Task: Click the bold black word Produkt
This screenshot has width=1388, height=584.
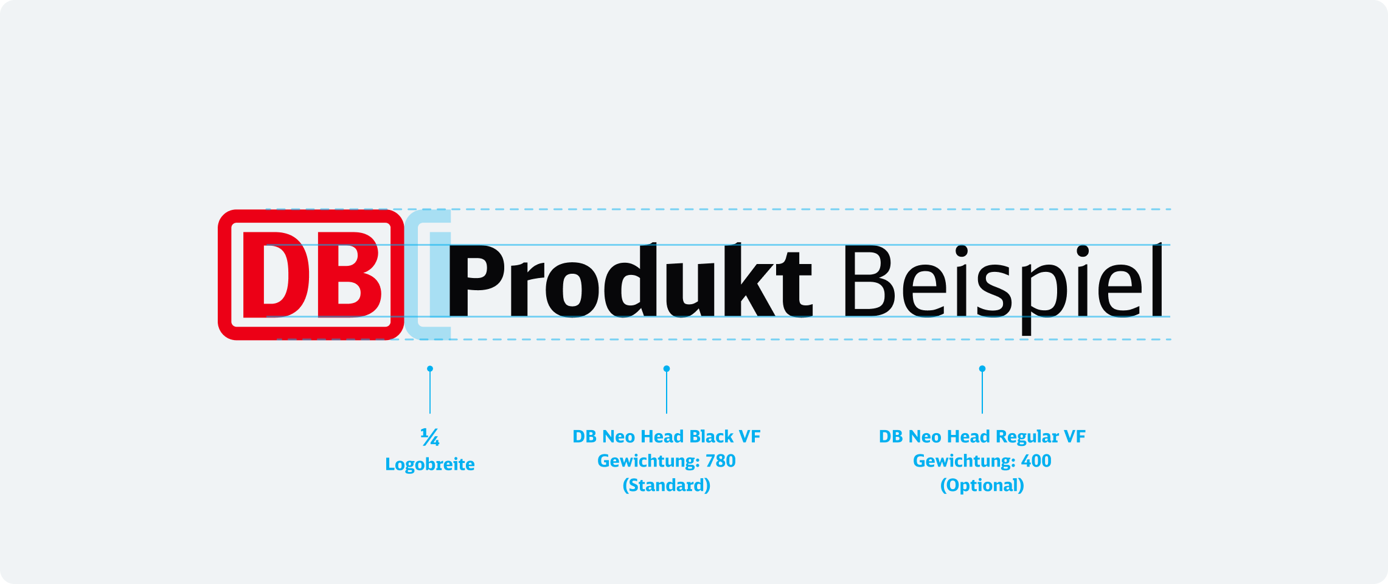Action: click(x=631, y=280)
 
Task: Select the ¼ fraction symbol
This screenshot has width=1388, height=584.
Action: click(x=430, y=437)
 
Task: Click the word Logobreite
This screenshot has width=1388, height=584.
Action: click(x=430, y=464)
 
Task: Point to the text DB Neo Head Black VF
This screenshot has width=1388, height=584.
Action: click(x=667, y=436)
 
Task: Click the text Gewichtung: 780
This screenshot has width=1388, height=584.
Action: click(x=667, y=461)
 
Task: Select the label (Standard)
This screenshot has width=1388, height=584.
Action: click(x=667, y=485)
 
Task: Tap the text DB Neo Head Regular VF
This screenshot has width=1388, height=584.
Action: click(x=982, y=437)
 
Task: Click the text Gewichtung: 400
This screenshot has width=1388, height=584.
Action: click(x=982, y=461)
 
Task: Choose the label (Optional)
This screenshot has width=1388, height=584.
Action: click(x=982, y=485)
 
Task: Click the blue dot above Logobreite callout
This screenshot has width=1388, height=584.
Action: click(x=430, y=369)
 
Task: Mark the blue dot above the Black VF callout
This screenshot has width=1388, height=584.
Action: click(x=667, y=369)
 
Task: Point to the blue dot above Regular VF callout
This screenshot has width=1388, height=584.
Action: click(x=982, y=369)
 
